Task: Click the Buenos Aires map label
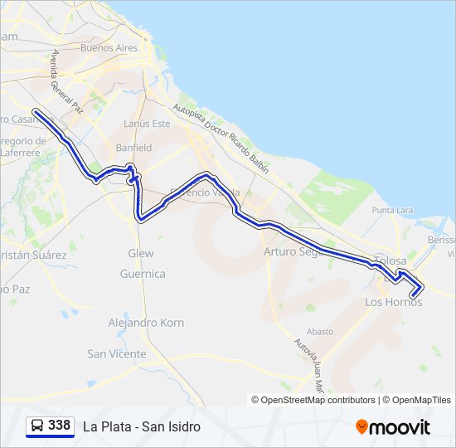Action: pos(109,48)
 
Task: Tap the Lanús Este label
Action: pos(146,124)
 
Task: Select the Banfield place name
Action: pos(133,148)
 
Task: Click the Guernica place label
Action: pos(143,274)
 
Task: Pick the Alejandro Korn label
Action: pos(146,323)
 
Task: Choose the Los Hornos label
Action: pos(394,302)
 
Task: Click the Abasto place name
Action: pos(320,331)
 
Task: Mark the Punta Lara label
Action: pos(393,211)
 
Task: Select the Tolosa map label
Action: pos(391,261)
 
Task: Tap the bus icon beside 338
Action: pos(37,426)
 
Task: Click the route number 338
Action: pos(60,426)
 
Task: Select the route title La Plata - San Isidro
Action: pos(142,426)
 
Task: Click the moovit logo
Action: pos(393,427)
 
